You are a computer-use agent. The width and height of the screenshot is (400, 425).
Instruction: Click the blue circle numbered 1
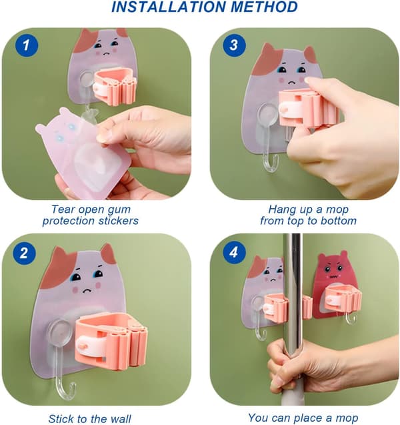(27, 45)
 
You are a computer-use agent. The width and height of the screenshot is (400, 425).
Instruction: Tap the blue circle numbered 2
(25, 253)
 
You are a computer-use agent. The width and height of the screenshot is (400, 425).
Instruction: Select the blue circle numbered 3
(235, 45)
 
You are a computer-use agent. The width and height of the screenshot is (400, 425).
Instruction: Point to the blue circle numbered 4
(235, 253)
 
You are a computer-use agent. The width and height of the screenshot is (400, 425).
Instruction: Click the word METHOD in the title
(264, 7)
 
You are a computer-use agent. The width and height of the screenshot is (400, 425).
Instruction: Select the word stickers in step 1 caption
(118, 221)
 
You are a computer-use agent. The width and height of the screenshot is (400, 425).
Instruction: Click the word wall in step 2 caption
(120, 419)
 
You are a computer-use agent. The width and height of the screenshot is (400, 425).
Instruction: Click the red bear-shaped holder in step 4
(335, 285)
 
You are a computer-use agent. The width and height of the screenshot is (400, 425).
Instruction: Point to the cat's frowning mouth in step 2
(87, 290)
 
